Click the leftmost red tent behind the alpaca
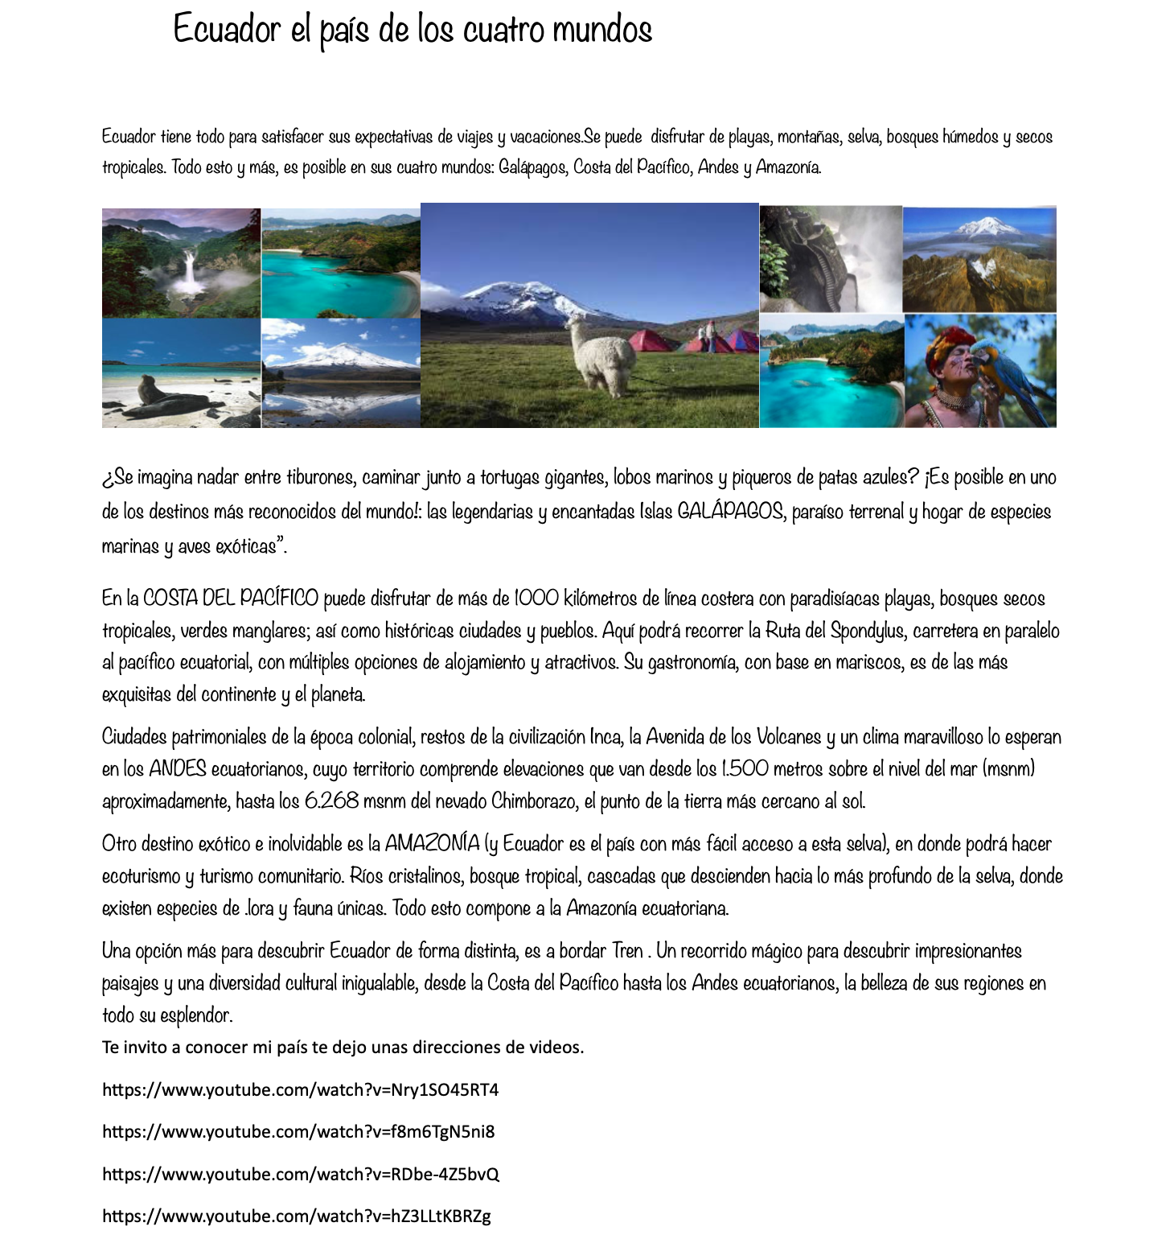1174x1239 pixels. (651, 340)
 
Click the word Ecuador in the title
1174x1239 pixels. (227, 30)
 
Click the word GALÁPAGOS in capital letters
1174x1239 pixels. (730, 512)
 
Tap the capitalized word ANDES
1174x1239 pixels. (178, 769)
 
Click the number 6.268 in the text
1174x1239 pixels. (331, 801)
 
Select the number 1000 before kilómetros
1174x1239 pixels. (536, 599)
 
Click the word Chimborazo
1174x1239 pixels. (533, 801)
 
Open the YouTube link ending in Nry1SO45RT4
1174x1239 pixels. (300, 1090)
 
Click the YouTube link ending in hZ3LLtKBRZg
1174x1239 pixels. (296, 1216)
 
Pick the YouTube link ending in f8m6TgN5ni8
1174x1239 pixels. (298, 1132)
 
